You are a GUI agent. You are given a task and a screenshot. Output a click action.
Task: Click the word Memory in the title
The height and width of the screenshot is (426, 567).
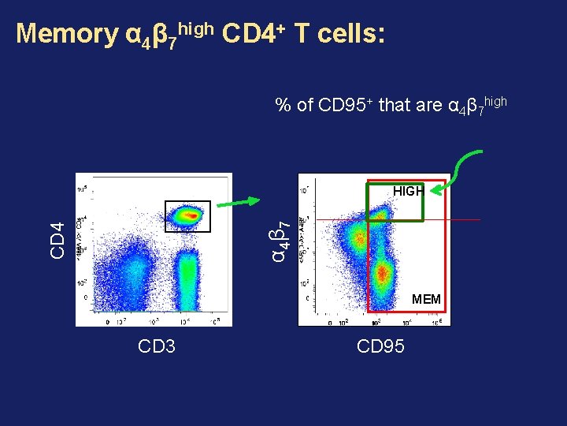point(65,33)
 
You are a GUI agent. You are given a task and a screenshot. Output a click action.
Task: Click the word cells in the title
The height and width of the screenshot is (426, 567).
point(344,33)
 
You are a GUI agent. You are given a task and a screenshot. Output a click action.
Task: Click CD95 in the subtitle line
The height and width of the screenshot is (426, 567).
point(344,105)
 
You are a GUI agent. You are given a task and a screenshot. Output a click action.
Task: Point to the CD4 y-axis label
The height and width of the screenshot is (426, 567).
point(57,240)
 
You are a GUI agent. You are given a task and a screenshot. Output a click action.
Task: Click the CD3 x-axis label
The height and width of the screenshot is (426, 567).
point(156,346)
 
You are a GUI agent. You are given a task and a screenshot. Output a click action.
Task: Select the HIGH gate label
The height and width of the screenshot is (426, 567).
point(408,191)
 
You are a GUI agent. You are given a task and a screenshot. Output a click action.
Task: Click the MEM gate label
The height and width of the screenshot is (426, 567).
point(426,299)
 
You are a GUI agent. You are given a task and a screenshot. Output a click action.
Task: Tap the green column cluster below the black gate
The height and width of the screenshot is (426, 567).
point(187,276)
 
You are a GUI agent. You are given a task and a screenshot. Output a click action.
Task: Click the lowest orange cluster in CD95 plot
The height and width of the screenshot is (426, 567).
point(383,274)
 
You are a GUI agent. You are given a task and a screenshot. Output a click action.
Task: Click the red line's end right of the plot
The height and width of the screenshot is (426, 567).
point(479,219)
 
